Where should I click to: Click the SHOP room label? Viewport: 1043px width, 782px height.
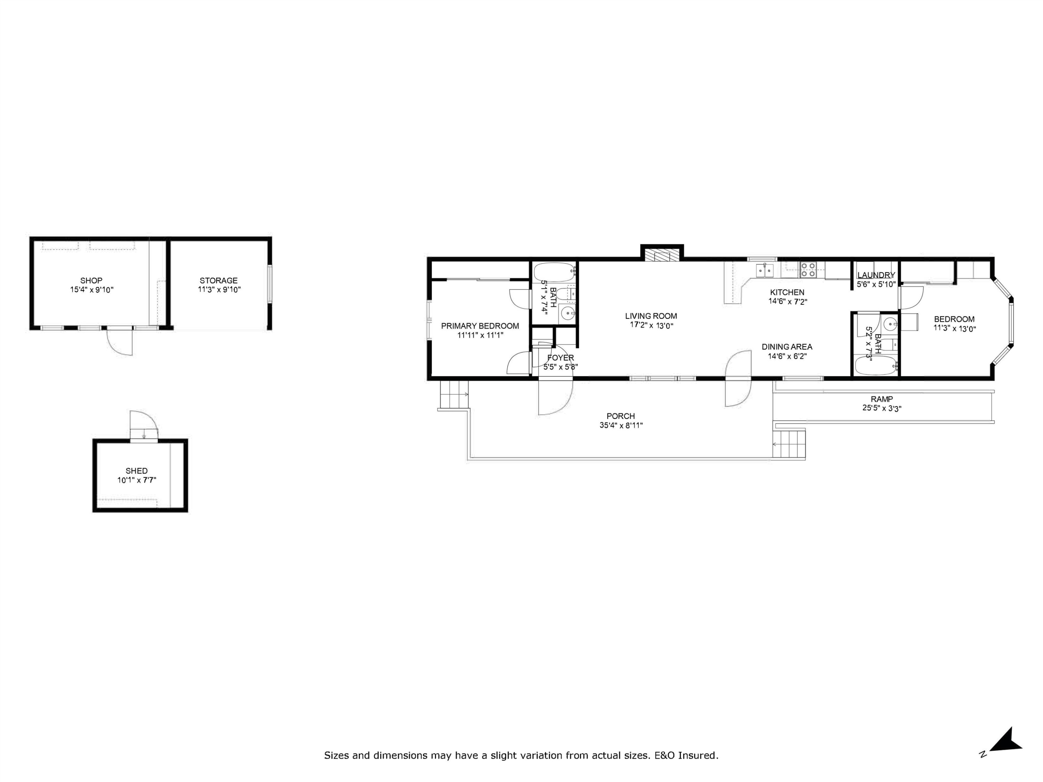point(91,280)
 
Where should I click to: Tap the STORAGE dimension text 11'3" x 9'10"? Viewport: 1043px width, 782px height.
point(219,290)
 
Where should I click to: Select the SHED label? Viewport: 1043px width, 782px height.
point(136,471)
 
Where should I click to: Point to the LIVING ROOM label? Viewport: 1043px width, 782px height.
point(651,316)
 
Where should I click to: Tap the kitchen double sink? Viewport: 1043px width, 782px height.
point(764,270)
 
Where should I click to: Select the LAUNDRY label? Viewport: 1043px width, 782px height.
point(876,275)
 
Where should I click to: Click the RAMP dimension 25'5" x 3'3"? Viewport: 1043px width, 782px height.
point(882,409)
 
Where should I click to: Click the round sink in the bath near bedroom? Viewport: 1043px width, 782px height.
point(890,323)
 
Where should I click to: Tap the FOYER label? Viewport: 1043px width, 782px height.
point(560,358)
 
